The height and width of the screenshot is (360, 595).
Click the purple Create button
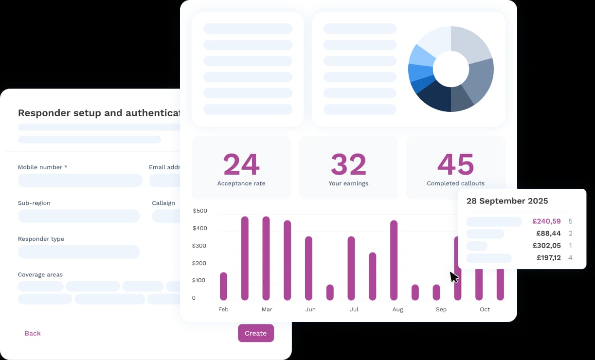pyautogui.click(x=255, y=333)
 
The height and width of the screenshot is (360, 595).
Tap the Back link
pyautogui.click(x=33, y=333)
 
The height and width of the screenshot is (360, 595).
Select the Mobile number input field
pyautogui.click(x=80, y=180)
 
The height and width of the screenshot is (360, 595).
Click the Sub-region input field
pyautogui.click(x=79, y=216)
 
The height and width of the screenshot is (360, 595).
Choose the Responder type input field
pyautogui.click(x=79, y=252)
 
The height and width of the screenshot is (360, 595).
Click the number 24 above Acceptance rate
pyautogui.click(x=241, y=164)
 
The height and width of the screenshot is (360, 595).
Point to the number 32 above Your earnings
pyautogui.click(x=348, y=164)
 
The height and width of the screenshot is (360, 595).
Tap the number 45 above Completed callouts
pyautogui.click(x=455, y=164)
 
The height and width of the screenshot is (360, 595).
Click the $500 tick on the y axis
pyautogui.click(x=200, y=211)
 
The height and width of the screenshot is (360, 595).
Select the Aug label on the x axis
pyautogui.click(x=397, y=309)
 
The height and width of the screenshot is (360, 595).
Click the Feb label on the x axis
pyautogui.click(x=223, y=309)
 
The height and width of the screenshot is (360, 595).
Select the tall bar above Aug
pyautogui.click(x=394, y=260)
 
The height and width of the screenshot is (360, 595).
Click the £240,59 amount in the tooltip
pyautogui.click(x=546, y=221)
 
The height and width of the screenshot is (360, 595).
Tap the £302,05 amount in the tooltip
pyautogui.click(x=546, y=246)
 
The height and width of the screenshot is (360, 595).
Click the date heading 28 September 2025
pyautogui.click(x=507, y=201)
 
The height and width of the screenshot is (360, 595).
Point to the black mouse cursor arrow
pyautogui.click(x=453, y=277)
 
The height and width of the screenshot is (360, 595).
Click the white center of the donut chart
pyautogui.click(x=451, y=69)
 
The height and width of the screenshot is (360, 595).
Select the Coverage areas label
pyautogui.click(x=40, y=274)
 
